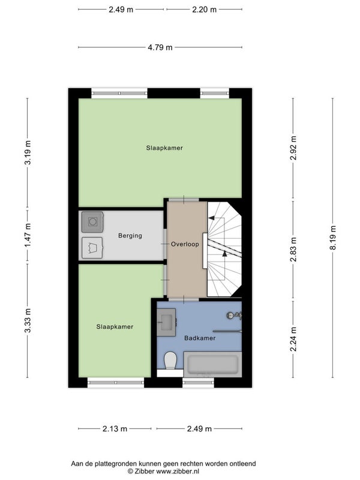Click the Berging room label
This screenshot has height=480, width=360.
[x=130, y=236]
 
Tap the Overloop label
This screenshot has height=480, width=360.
[x=185, y=244]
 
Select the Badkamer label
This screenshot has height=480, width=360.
[x=200, y=338]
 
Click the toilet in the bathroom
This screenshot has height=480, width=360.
[x=170, y=361]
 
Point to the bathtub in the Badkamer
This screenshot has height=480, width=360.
[x=213, y=364]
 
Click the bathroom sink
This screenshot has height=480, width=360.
[x=166, y=322]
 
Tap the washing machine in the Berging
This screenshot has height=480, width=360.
[x=92, y=221]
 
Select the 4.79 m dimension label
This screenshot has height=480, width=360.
[x=160, y=47]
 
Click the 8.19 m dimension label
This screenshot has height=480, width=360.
[x=333, y=238]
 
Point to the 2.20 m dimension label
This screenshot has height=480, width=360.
[x=204, y=10]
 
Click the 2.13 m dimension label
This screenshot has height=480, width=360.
[x=115, y=428]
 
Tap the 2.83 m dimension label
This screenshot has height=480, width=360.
[x=293, y=250]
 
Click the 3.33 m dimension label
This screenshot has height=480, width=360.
[x=28, y=320]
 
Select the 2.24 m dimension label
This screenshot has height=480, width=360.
[x=293, y=339]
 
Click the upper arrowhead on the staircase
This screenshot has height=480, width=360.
[x=211, y=218]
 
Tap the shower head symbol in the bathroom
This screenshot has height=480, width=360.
[x=235, y=316]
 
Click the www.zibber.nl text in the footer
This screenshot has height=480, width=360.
[x=178, y=471]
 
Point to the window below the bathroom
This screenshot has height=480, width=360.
[x=199, y=382]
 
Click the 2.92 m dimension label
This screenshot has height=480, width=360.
[x=293, y=148]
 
